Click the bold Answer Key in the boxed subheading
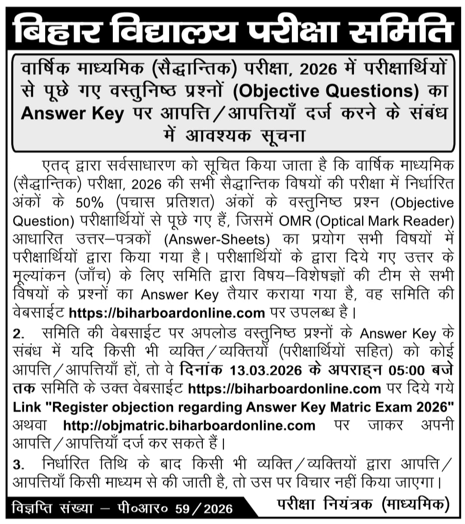[72, 114]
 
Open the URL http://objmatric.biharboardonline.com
[189, 425]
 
